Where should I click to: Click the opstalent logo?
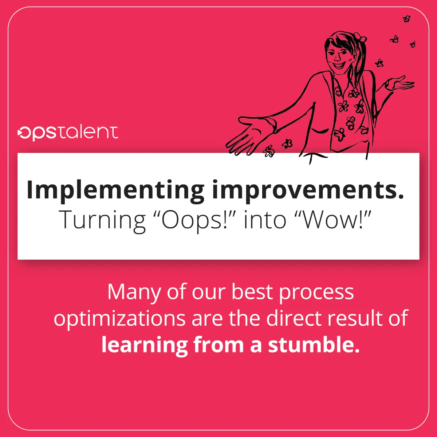pos(68,133)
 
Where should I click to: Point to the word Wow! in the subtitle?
pos(334,220)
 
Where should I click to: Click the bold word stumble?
pos(314,345)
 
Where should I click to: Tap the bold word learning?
pos(145,345)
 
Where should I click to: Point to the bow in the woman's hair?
pos(360,37)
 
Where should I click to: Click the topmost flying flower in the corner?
pos(407,19)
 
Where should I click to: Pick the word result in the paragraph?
pos(355,318)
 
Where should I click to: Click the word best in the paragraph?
pos(252,292)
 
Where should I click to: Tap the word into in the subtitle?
pos(265,220)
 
